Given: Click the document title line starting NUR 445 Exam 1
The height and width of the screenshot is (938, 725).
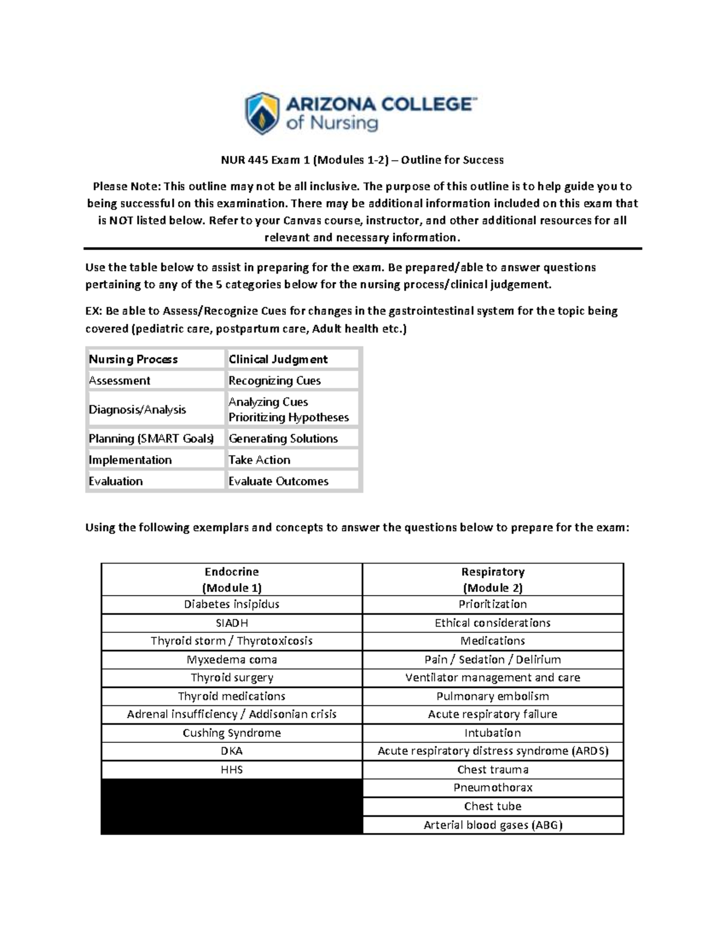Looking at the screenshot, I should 361,160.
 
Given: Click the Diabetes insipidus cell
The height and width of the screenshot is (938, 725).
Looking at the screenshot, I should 232,604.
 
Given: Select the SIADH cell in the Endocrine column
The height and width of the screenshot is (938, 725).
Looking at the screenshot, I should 232,623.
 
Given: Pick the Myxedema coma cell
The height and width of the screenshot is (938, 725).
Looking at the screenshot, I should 232,660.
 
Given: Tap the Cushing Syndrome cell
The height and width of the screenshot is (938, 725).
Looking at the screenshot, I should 232,733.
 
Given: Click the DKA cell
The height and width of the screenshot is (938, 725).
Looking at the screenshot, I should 232,751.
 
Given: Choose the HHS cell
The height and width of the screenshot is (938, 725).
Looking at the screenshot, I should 232,769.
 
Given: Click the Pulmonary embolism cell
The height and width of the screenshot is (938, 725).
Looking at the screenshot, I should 492,696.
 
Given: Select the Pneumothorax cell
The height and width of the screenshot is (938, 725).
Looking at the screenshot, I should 492,788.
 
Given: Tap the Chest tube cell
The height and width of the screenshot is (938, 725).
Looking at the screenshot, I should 492,806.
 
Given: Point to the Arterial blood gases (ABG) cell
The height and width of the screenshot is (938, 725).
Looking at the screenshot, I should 492,825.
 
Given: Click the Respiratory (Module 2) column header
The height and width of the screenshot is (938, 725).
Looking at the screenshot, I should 492,580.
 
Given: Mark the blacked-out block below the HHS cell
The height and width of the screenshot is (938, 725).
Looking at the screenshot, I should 232,806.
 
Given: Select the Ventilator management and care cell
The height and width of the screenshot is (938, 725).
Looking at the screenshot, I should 492,678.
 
